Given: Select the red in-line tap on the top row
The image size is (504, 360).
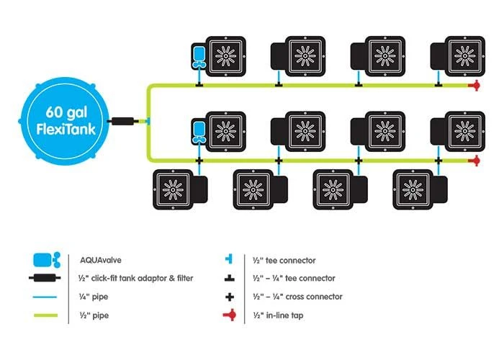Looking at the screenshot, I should [474, 86].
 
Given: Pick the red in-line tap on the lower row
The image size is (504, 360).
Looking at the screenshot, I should [474, 160].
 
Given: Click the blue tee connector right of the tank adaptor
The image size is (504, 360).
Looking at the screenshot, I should [146, 121].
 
